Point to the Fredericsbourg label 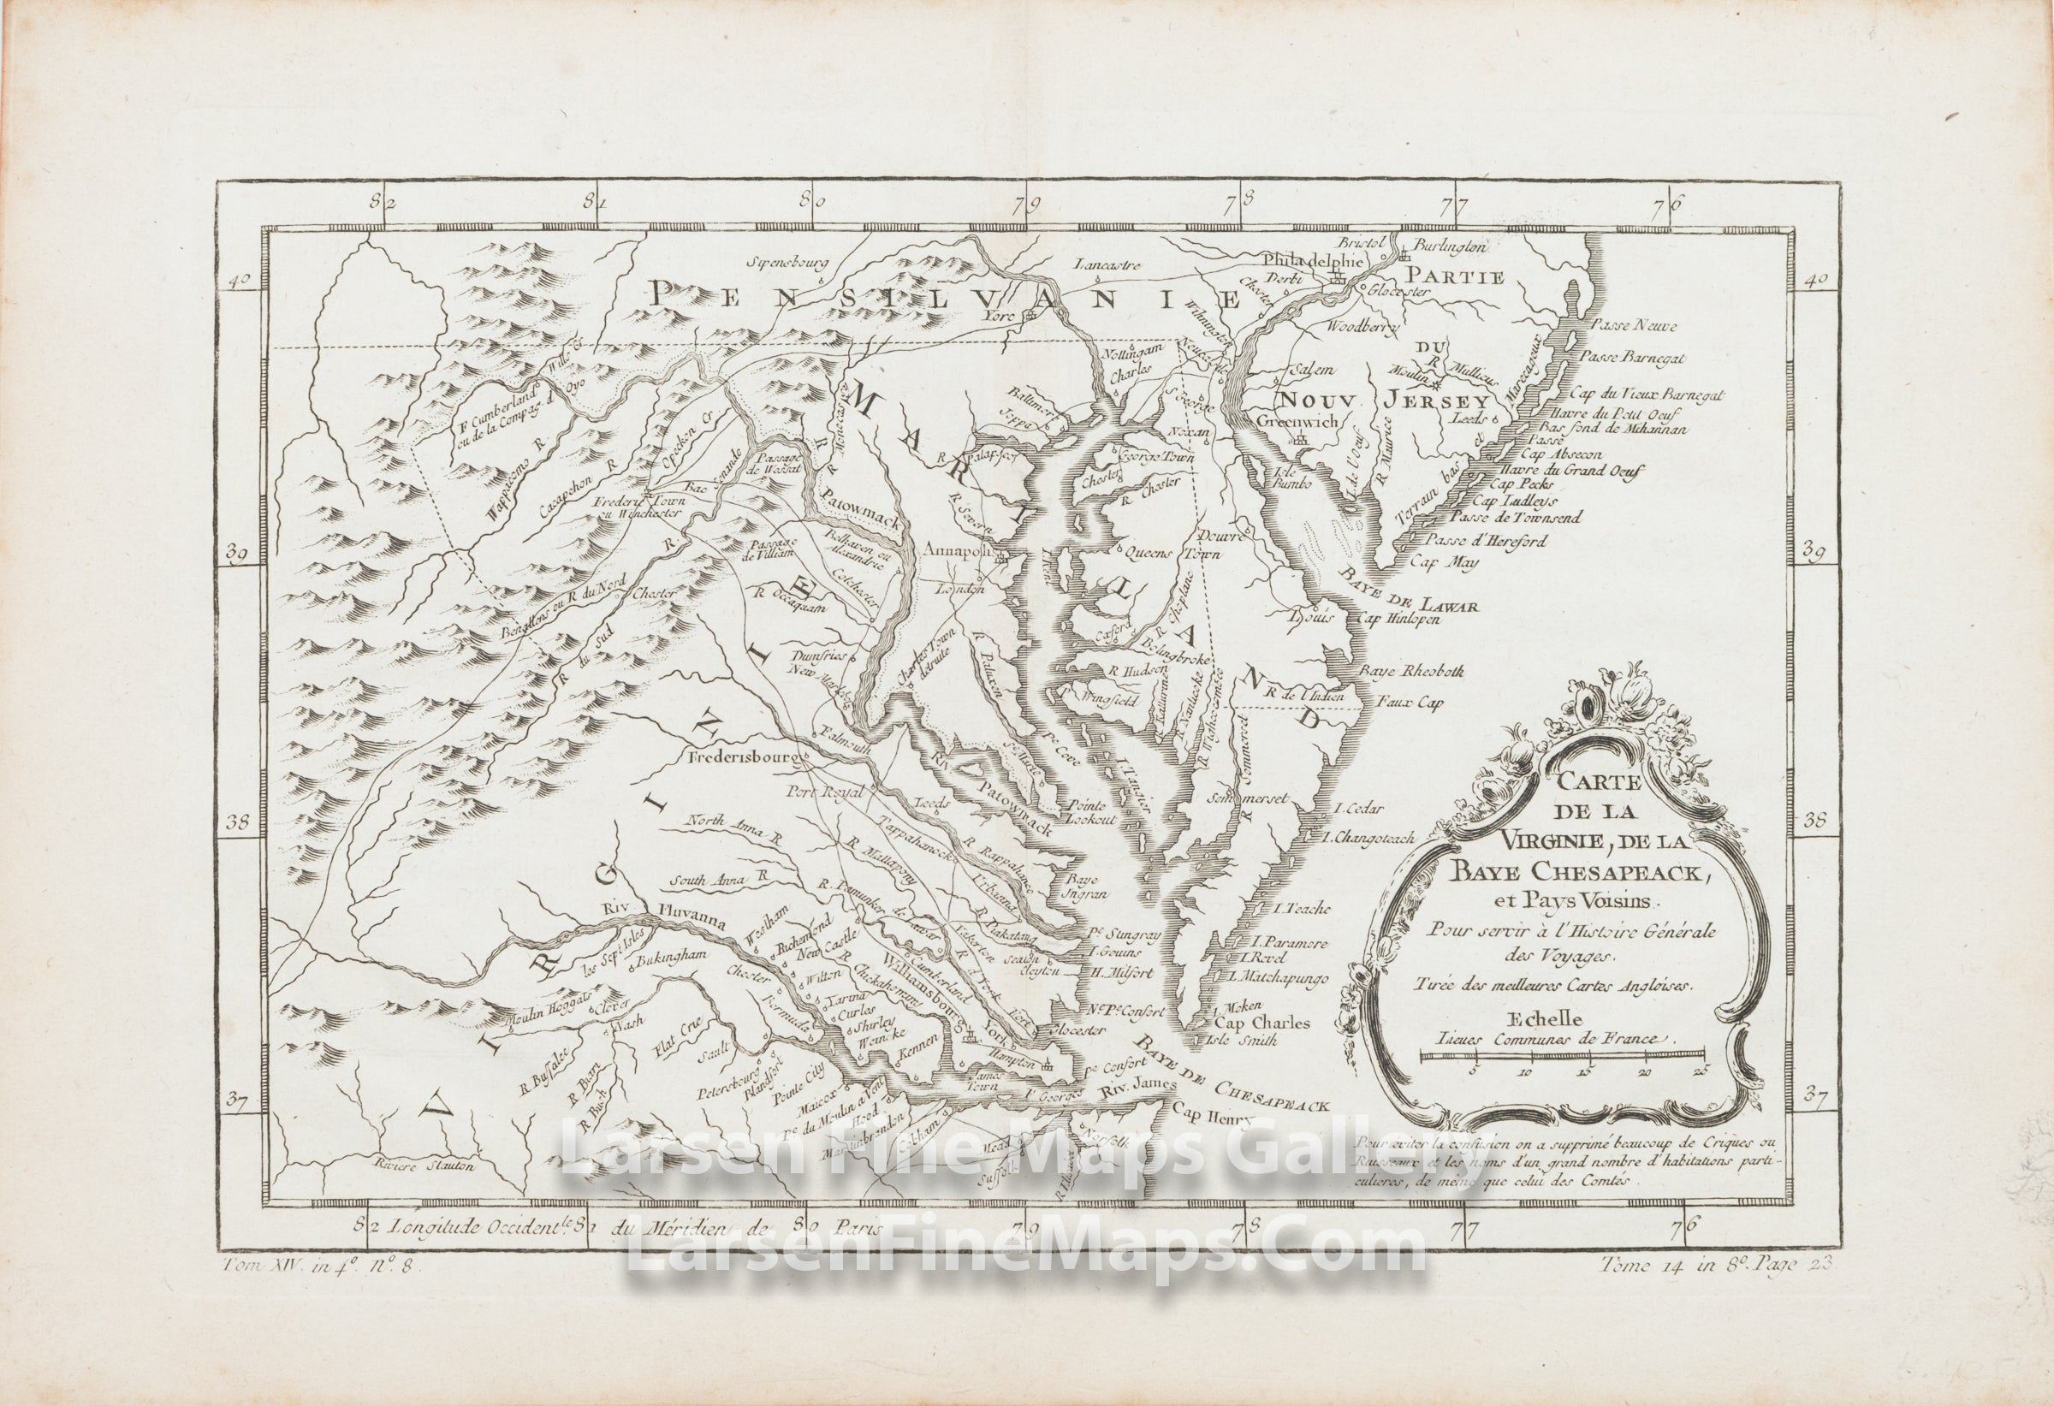tap(745, 757)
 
